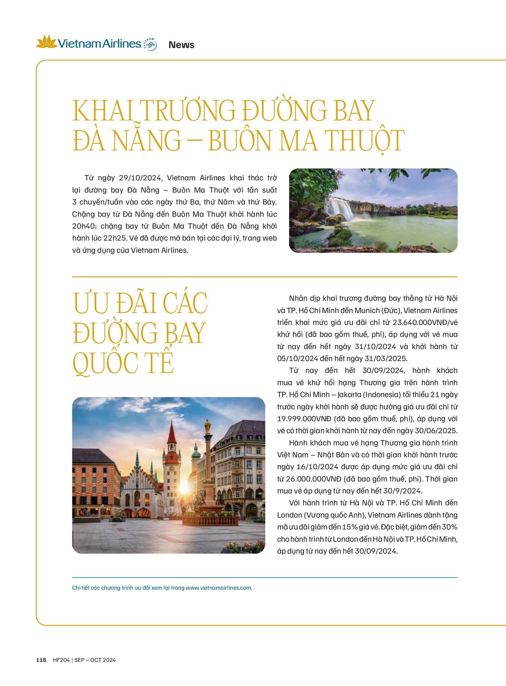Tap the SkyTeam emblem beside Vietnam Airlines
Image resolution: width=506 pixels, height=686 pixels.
point(150,44)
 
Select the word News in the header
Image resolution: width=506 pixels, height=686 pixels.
point(181,45)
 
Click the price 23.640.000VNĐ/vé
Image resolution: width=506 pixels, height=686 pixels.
point(425,322)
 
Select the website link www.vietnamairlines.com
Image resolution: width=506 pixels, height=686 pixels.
point(219,588)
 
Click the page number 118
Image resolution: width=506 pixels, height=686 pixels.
point(41,660)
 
